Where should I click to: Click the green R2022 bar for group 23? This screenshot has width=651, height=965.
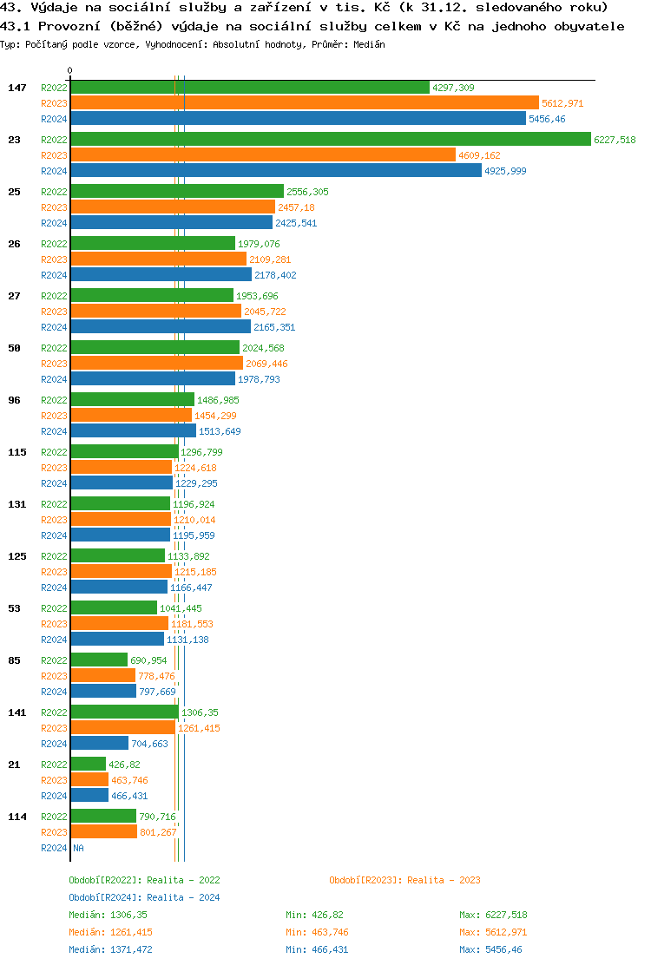tap(330, 140)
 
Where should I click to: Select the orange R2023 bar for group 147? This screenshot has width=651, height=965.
tap(304, 103)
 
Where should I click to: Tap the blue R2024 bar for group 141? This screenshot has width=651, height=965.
tap(99, 744)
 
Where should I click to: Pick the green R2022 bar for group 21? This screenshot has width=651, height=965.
tap(88, 765)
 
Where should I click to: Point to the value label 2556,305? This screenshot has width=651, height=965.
tap(307, 192)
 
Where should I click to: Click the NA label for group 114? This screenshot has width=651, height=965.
tap(78, 848)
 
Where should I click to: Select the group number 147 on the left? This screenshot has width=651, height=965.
tap(17, 88)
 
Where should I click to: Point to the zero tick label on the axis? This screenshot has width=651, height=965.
tap(70, 70)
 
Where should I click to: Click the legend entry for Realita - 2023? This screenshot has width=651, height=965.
tap(404, 880)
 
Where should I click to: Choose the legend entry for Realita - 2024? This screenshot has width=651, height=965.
tap(144, 897)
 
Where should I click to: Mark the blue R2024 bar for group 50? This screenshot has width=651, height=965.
tap(152, 379)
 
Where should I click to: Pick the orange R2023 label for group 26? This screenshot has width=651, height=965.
tap(54, 259)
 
